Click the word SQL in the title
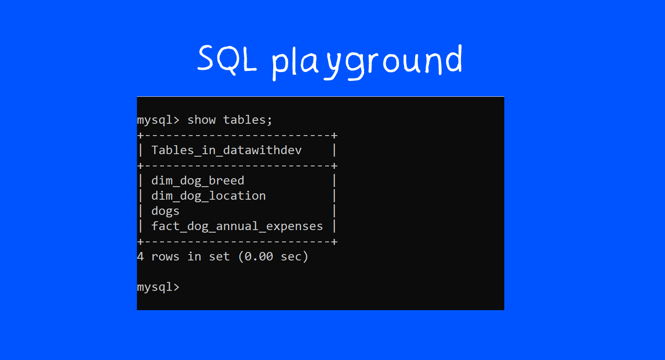tap(227, 59)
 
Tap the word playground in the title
tap(367, 61)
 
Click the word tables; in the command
tap(248, 120)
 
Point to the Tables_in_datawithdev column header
tap(227, 150)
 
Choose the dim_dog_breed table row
tap(198, 181)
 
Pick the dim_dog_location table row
tap(208, 196)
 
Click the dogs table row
tap(165, 211)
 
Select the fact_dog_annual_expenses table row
tap(237, 226)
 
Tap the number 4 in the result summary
tap(140, 256)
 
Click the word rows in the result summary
tap(165, 256)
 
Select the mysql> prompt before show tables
tap(158, 120)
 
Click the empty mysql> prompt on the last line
tap(158, 287)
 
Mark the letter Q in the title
tap(227, 59)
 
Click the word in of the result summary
tap(194, 256)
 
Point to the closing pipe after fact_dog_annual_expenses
tap(334, 226)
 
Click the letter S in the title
tap(206, 59)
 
